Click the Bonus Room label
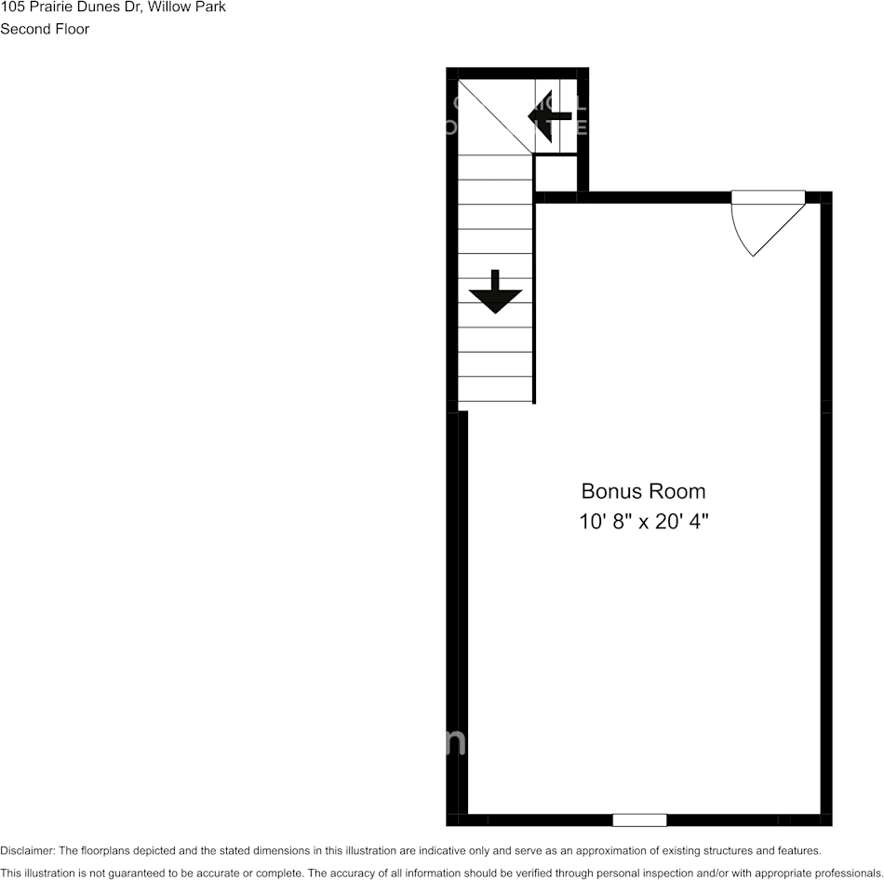643,491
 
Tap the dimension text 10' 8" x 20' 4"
643,522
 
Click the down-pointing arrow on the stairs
495,294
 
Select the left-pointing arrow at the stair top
549,116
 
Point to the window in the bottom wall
639,820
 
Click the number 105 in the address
12,7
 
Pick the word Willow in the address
169,7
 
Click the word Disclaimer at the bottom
27,850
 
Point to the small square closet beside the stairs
555,174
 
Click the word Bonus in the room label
609,491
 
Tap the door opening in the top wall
769,196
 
